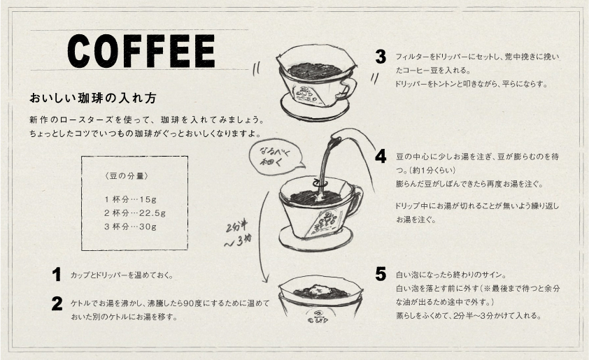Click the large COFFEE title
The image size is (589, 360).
click(141, 51)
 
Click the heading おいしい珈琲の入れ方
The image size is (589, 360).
click(93, 99)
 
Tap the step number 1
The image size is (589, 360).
click(57, 275)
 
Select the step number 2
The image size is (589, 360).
click(57, 303)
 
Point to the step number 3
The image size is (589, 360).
click(381, 57)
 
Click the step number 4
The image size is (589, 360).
click(381, 156)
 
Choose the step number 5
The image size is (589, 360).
click(381, 275)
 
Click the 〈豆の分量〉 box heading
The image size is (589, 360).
click(127, 175)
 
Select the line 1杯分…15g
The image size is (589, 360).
click(130, 199)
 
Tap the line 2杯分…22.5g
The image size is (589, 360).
click(135, 213)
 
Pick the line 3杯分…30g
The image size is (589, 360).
click(130, 226)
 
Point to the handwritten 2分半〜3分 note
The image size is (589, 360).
click(237, 234)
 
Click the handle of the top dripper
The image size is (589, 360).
click(348, 89)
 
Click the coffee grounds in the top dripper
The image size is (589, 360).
click(315, 71)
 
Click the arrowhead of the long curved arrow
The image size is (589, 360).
click(265, 278)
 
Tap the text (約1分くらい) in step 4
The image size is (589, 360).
click(431, 170)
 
